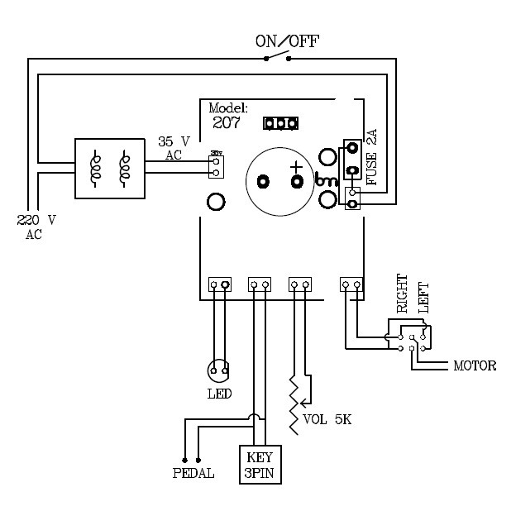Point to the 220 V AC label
(36, 227)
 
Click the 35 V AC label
(174, 148)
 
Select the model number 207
(226, 123)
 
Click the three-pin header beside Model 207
(280, 124)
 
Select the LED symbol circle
(219, 367)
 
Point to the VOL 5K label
(327, 418)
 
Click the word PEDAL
(193, 474)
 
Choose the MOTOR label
(475, 365)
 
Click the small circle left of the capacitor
(216, 201)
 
